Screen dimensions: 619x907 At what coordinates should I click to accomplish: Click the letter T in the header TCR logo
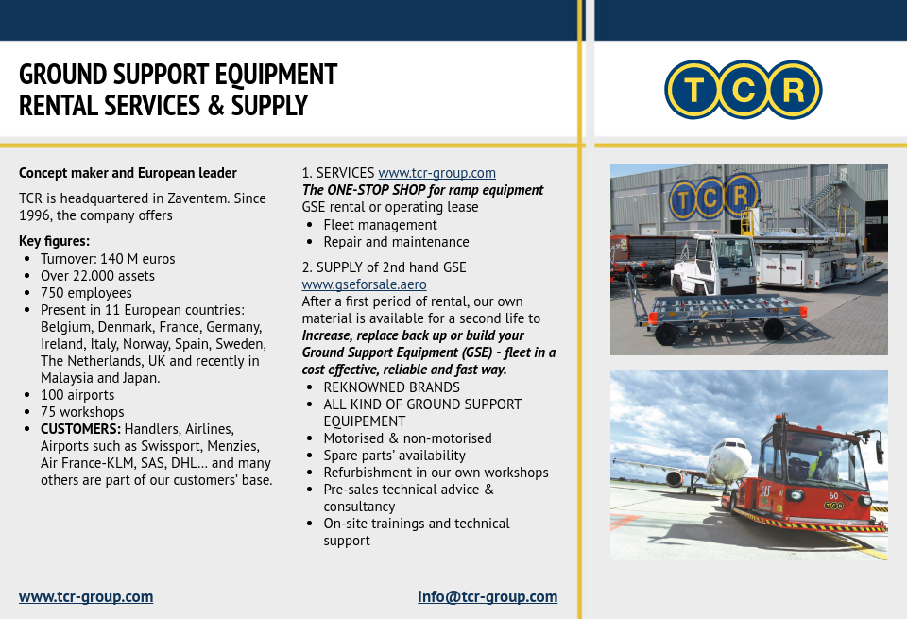tap(693, 90)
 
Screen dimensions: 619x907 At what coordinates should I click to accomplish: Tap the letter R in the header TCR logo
tap(794, 90)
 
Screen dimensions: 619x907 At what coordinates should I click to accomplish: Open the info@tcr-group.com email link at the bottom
tap(488, 596)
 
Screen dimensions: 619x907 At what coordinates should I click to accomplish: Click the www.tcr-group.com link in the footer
tap(86, 596)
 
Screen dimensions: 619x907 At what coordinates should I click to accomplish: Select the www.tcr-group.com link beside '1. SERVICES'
tap(436, 173)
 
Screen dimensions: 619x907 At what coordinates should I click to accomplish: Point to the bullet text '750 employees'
tap(86, 293)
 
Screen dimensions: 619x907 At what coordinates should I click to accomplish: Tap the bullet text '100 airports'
tap(77, 395)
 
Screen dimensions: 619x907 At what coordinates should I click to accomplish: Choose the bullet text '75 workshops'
tap(82, 412)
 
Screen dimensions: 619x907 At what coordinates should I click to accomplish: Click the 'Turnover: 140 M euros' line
tap(108, 259)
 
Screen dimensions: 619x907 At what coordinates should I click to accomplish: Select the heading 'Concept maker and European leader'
tap(128, 173)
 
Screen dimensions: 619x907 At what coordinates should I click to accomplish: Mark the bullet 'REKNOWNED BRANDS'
tap(391, 387)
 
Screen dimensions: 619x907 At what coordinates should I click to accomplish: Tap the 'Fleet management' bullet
tap(380, 225)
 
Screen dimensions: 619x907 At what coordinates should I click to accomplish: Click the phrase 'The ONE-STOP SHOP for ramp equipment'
tap(422, 190)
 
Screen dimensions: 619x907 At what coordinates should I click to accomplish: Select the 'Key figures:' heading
tap(54, 241)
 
